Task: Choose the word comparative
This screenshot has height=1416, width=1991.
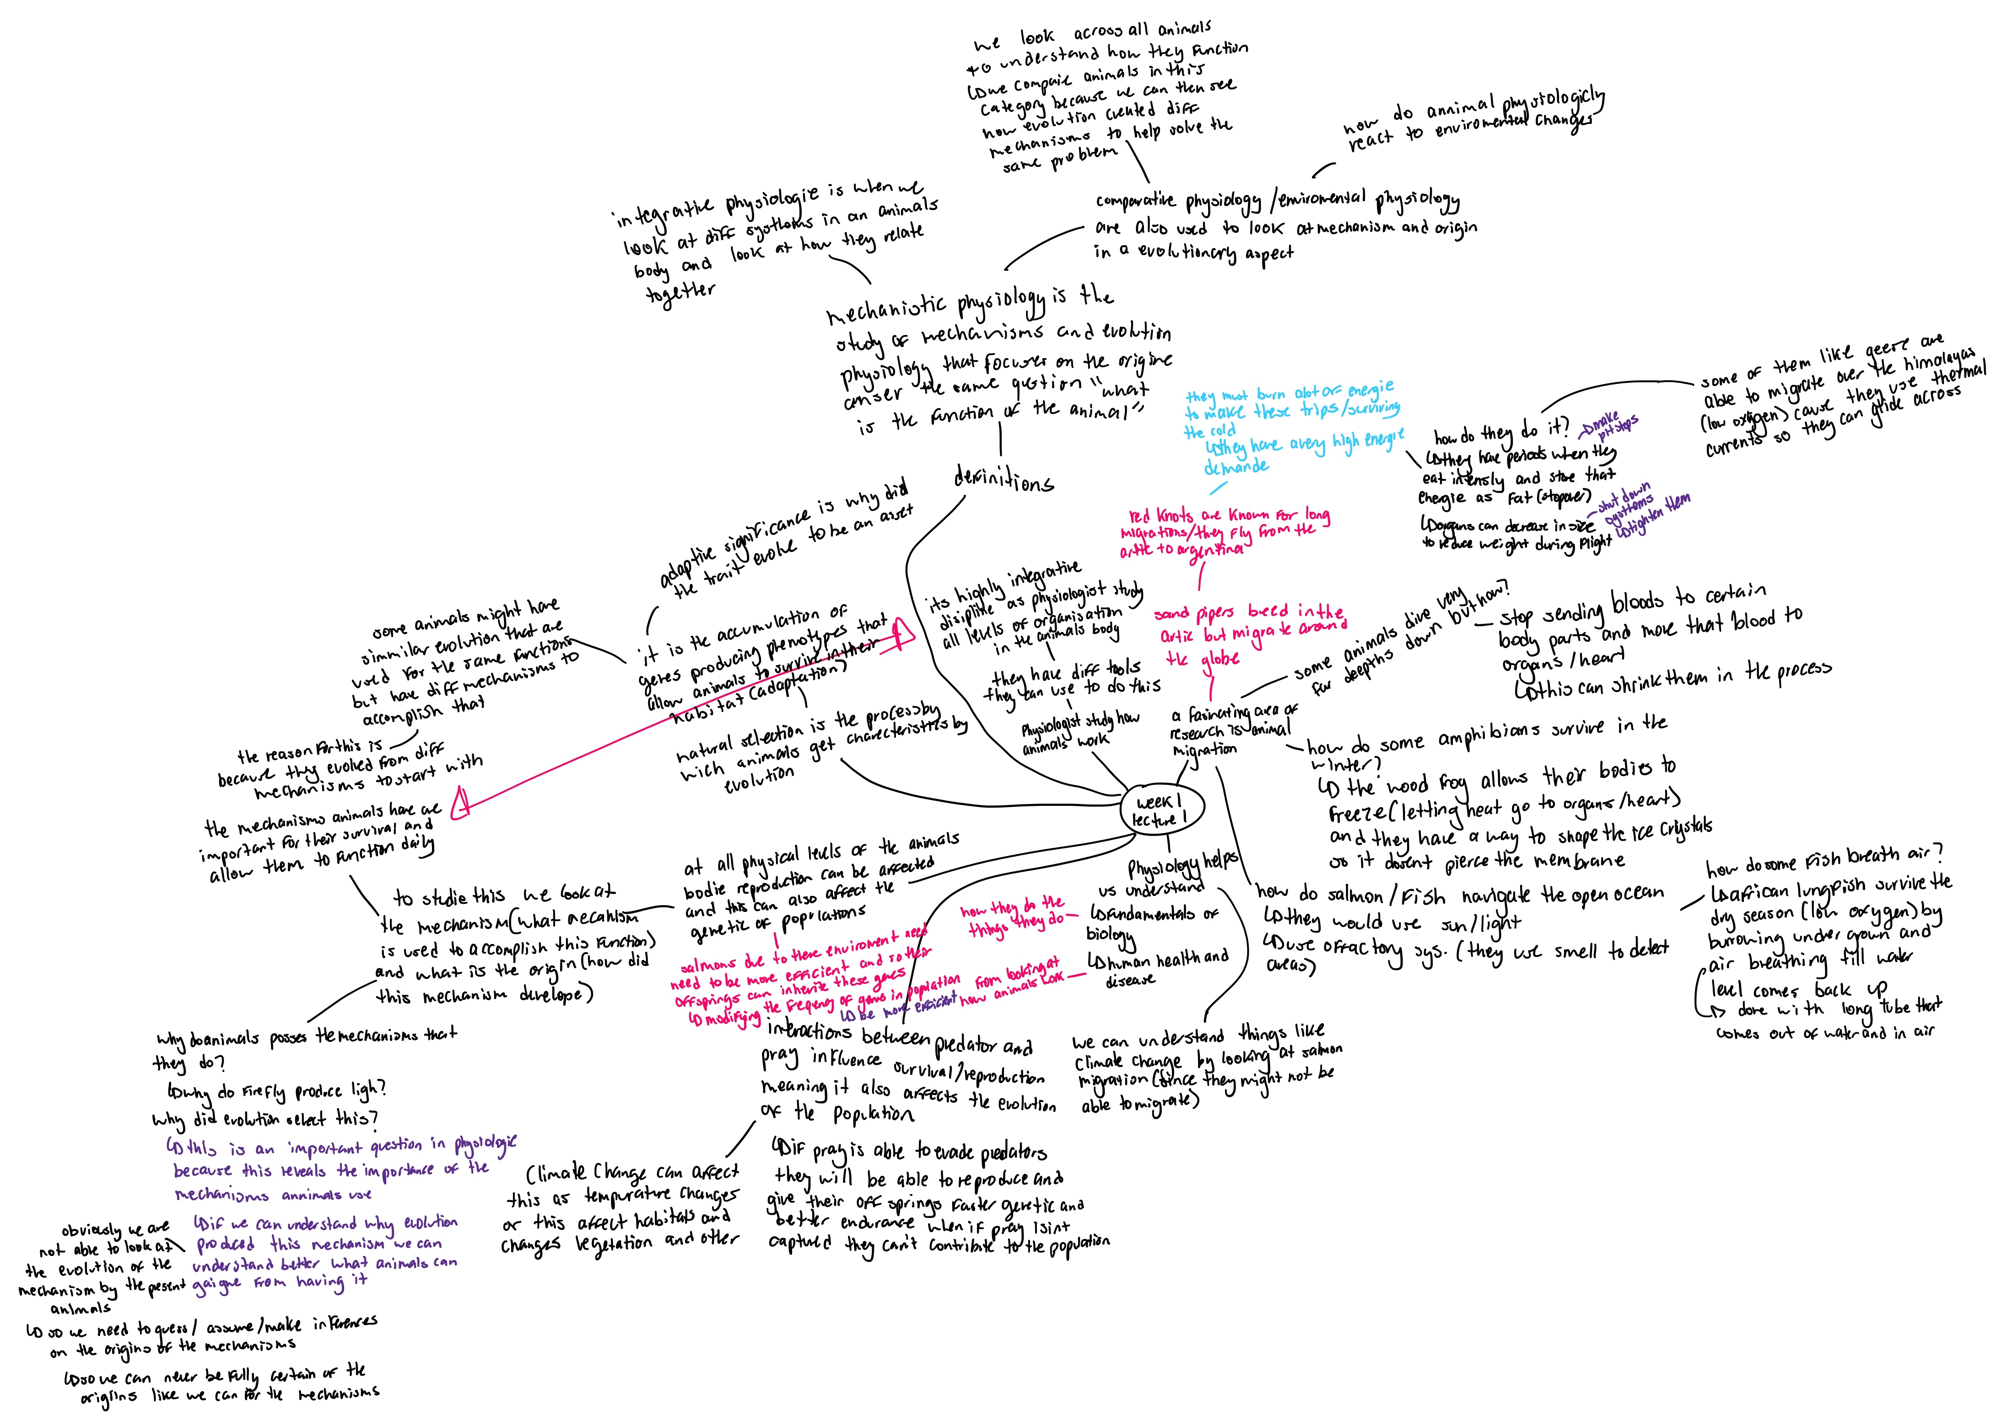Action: click(x=1135, y=202)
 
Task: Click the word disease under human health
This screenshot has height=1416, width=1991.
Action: click(x=1130, y=980)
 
